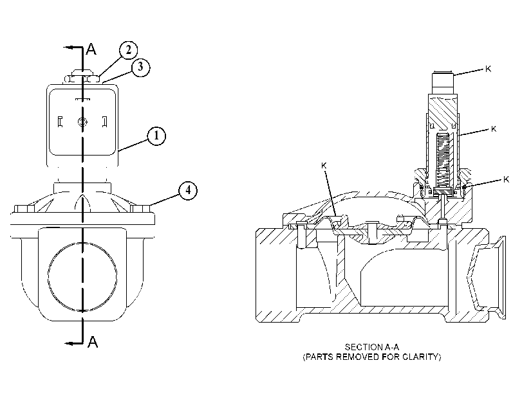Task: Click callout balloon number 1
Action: [x=156, y=136]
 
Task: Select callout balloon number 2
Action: [x=128, y=50]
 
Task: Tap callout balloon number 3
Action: [x=140, y=67]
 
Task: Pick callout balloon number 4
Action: [x=188, y=190]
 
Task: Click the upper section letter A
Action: [x=91, y=49]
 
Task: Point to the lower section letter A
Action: [x=93, y=342]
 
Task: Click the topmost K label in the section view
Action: [x=488, y=69]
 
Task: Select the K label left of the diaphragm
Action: [x=324, y=165]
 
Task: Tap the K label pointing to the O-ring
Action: [x=506, y=179]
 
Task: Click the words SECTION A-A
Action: [x=371, y=347]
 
